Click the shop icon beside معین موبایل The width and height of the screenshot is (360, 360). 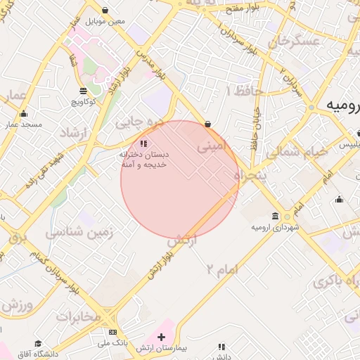(105, 11)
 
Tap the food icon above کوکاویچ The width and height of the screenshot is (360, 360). (83, 91)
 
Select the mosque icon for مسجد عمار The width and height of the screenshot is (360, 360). (24, 114)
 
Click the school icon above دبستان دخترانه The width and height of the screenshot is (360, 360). (143, 144)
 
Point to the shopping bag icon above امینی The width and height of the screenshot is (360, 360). (207, 124)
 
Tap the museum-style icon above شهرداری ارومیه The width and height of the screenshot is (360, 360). (274, 217)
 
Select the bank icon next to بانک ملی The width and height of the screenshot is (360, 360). (112, 332)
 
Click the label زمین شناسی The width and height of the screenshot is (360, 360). (75, 232)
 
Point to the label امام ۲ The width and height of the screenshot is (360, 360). (223, 269)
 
